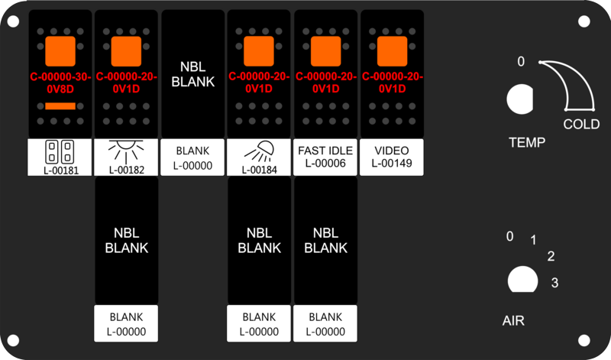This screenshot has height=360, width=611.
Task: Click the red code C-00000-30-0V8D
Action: click(x=60, y=83)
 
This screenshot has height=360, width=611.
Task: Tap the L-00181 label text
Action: click(x=61, y=170)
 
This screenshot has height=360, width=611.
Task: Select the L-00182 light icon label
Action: click(x=126, y=157)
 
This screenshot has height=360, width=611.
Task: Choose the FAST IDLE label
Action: click(x=325, y=151)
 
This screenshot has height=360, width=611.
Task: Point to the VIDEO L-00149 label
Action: click(x=392, y=157)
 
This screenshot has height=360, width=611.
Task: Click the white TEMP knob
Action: click(x=520, y=99)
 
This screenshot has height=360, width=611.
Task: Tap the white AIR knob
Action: click(x=523, y=279)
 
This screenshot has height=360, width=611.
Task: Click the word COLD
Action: click(x=581, y=125)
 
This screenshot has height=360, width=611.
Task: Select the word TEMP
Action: click(x=527, y=142)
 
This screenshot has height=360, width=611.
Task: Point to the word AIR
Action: click(x=513, y=320)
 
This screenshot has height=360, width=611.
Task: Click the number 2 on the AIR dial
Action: click(x=551, y=256)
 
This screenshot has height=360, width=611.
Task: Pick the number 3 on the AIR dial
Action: click(x=555, y=282)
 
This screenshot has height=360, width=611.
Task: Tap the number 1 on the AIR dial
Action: click(x=533, y=240)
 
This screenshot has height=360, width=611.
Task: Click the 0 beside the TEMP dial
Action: click(x=521, y=62)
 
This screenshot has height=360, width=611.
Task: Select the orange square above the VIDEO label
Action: click(x=392, y=51)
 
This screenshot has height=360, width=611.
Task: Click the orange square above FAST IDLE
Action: click(x=326, y=51)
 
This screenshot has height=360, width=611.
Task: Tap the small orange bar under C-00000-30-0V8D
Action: click(x=60, y=106)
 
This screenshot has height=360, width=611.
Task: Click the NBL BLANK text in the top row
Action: click(x=193, y=74)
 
